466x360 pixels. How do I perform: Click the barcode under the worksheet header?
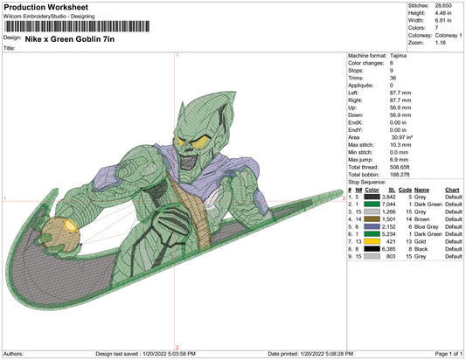tap(77, 26)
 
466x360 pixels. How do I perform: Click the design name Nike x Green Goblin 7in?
tap(70, 39)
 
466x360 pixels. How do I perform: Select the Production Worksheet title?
tap(46, 7)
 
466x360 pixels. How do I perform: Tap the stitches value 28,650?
tap(443, 5)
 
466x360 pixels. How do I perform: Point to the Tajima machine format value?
tap(398, 56)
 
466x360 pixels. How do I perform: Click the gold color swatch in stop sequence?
tap(372, 241)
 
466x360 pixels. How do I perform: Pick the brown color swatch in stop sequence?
tap(372, 219)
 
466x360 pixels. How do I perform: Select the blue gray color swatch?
tap(372, 226)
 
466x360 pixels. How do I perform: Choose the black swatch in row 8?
tap(372, 249)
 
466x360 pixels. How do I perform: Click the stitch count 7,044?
tap(388, 204)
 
